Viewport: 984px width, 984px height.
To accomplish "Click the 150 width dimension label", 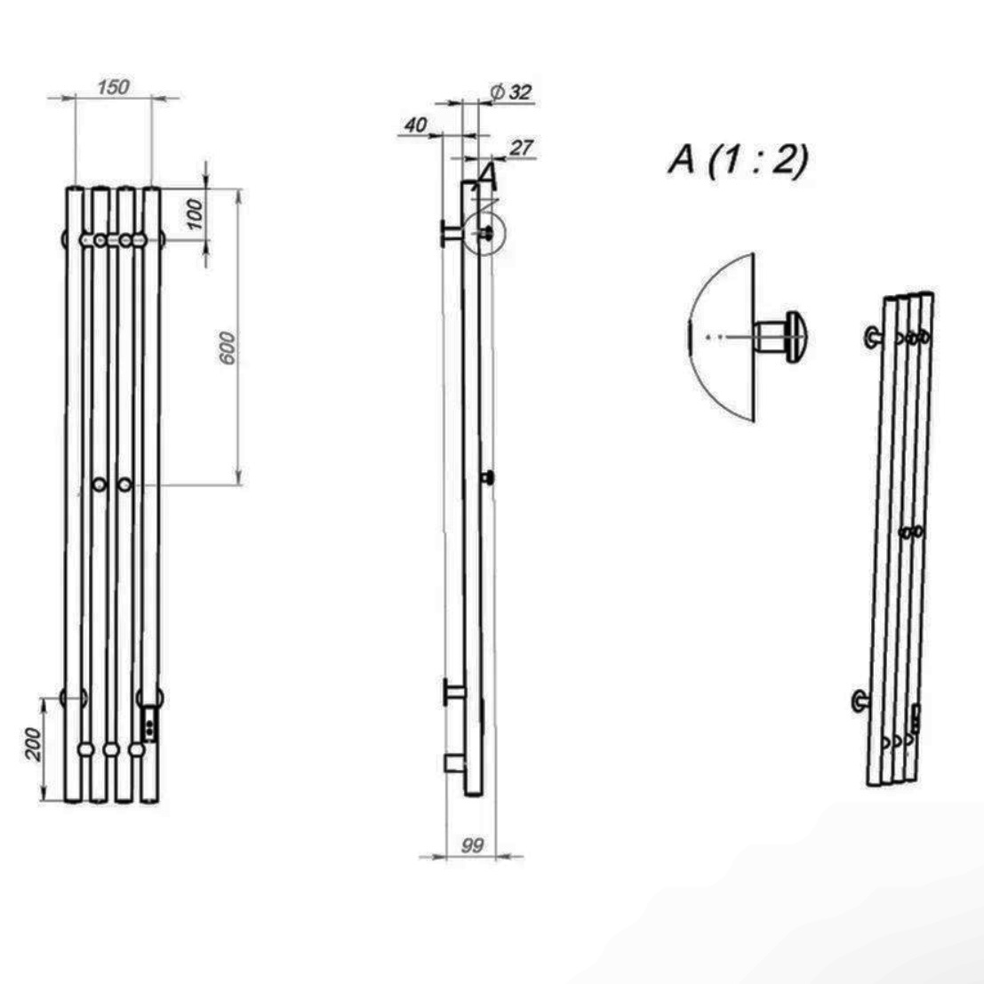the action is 114,87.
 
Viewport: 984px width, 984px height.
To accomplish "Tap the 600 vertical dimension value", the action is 228,348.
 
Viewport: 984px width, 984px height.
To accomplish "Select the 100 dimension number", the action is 196,214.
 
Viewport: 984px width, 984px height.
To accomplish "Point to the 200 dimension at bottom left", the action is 34,744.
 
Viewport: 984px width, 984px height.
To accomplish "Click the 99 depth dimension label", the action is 472,846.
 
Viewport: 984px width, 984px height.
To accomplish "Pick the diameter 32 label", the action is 511,92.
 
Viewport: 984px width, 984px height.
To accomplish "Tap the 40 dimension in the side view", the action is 415,125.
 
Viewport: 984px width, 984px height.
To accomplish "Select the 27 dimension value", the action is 521,148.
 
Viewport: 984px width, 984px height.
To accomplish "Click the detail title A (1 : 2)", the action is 739,160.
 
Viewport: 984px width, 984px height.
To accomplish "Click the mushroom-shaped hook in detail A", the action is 780,337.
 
